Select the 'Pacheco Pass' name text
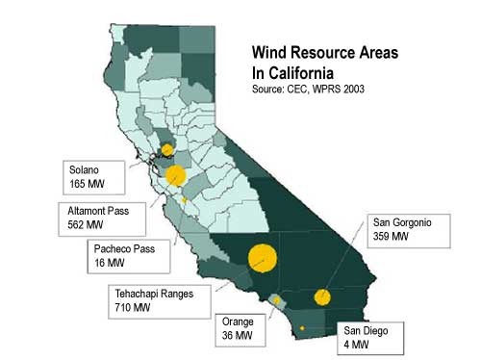point(112,247)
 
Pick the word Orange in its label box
point(239,322)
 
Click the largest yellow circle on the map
point(263,258)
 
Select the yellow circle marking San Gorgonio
point(323,296)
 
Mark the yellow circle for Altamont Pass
point(176,176)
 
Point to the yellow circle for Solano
point(167,150)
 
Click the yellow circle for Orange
point(275,300)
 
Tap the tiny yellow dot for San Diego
point(302,329)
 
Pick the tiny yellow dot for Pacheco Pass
point(184,199)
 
